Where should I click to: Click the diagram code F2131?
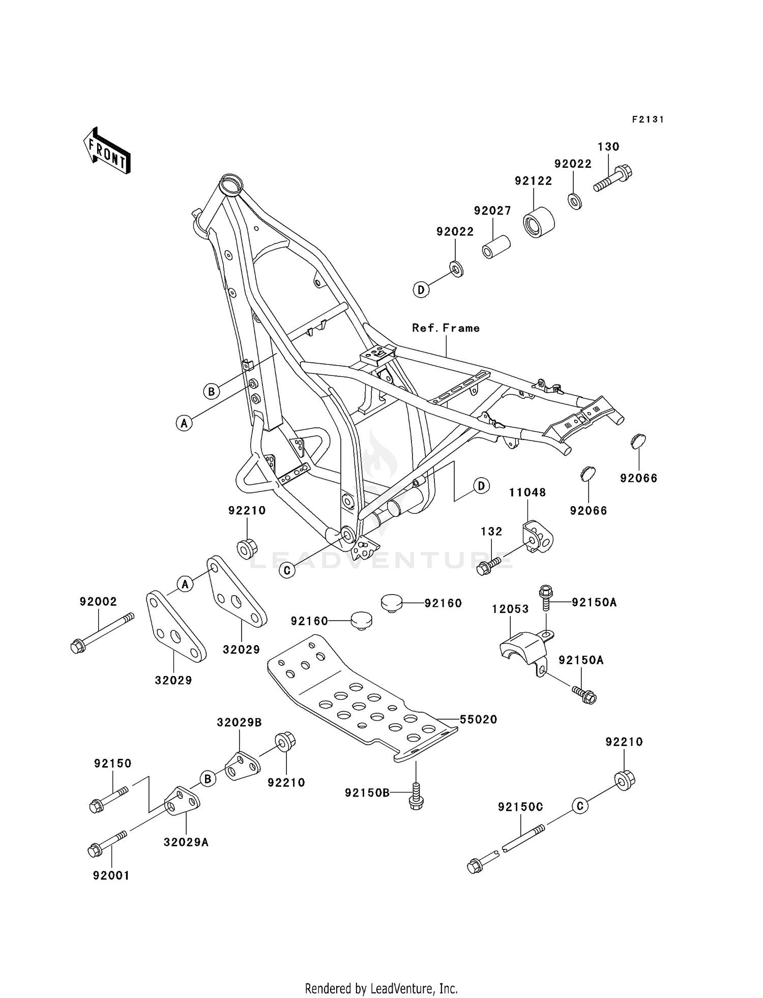(648, 120)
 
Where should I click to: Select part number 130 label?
(608, 147)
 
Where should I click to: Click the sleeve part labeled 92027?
(495, 246)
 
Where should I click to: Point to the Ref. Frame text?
(446, 328)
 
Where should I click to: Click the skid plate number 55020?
(478, 719)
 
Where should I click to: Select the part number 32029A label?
(186, 842)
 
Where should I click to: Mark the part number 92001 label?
(111, 875)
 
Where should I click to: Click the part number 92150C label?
(520, 807)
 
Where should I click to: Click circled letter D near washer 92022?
(421, 290)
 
